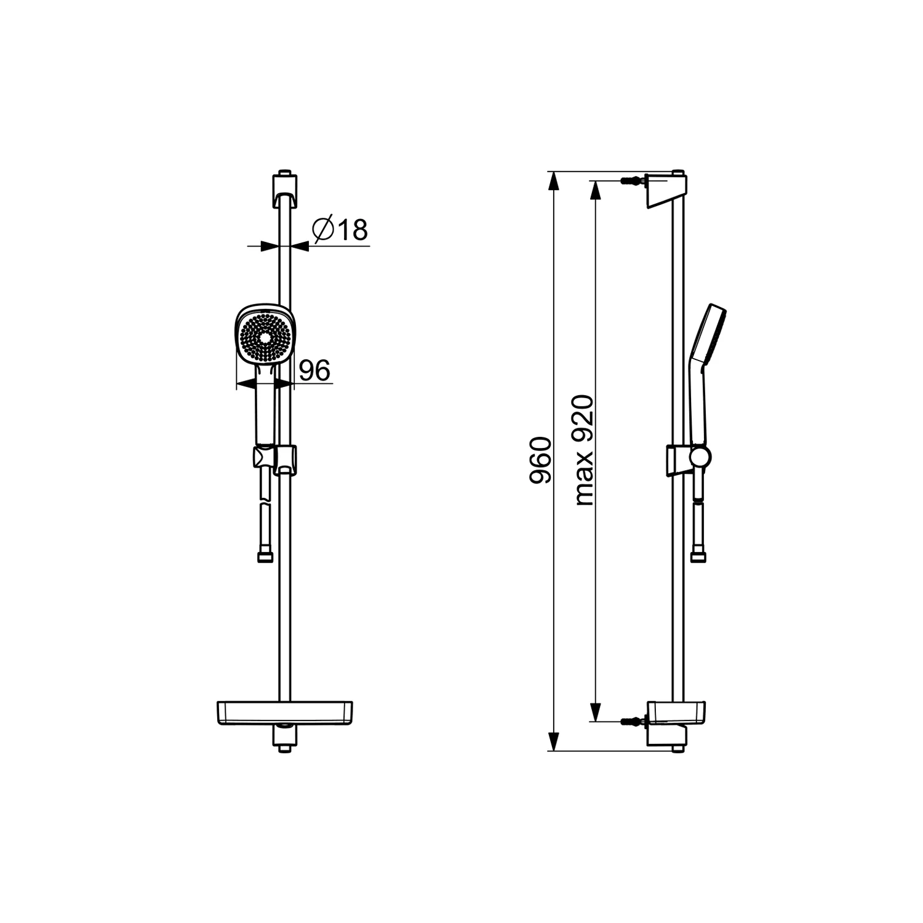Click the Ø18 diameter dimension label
point(340,229)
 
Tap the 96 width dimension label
point(314,370)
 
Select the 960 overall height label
point(541,460)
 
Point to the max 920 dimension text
point(584,450)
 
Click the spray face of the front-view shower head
point(265,337)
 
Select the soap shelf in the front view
point(285,713)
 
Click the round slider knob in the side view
point(700,457)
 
